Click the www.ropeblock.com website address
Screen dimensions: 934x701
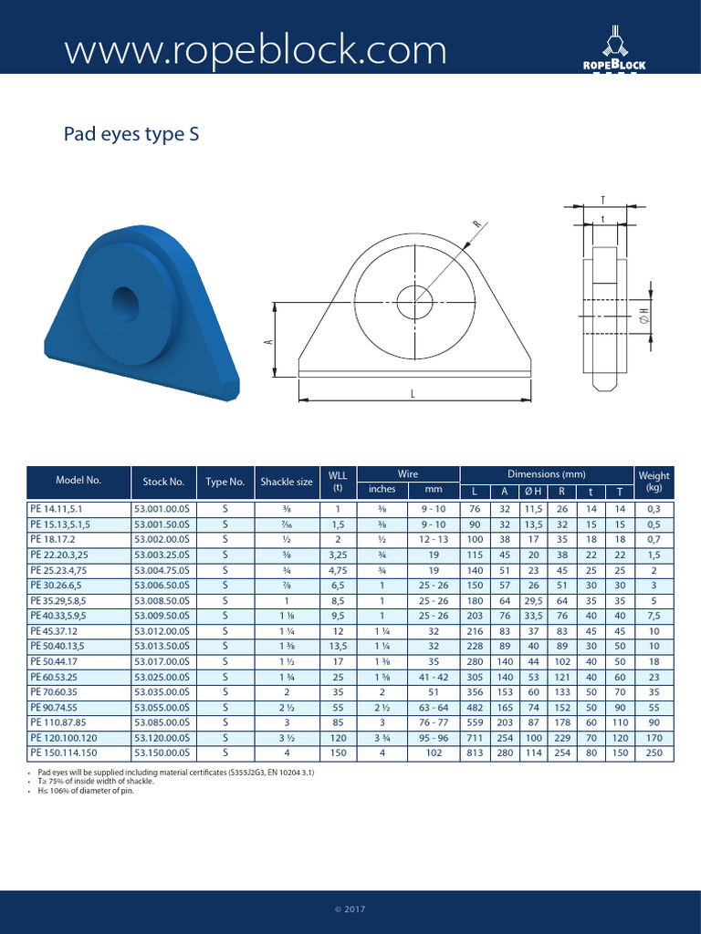(256, 49)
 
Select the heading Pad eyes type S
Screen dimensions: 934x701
(131, 135)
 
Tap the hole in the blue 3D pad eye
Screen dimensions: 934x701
(126, 300)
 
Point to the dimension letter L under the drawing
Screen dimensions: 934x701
(413, 392)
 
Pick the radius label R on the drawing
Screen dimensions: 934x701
(476, 223)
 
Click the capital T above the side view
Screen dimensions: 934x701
(603, 200)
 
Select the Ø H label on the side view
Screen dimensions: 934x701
(643, 316)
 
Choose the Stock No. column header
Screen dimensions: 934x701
(164, 482)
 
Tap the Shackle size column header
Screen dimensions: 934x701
(287, 482)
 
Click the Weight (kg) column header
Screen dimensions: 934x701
(654, 482)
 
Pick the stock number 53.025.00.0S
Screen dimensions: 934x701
(164, 679)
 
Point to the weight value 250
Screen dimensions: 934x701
(654, 752)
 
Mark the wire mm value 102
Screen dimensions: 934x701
(433, 752)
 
